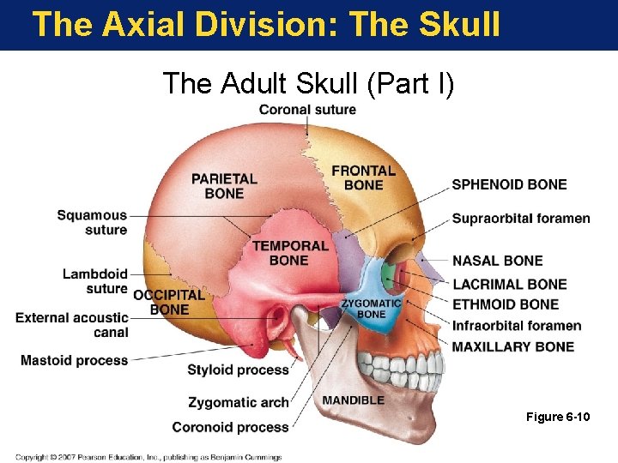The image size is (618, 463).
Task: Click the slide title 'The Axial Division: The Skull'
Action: click(266, 24)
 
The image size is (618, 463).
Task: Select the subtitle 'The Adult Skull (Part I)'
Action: click(309, 83)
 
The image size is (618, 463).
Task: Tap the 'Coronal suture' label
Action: click(307, 109)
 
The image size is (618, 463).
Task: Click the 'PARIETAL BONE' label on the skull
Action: click(224, 185)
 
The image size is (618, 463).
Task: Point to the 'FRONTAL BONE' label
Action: click(363, 177)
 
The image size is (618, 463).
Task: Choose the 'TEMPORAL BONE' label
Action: click(290, 252)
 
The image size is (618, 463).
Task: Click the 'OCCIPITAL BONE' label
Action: click(169, 302)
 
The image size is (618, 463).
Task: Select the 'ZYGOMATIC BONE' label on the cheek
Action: click(371, 309)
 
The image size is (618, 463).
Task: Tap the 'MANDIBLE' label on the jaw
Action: click(354, 400)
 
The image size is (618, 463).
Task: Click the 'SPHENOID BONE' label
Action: click(509, 184)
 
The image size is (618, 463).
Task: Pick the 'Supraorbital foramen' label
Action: click(521, 218)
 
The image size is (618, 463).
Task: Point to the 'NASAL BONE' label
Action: click(498, 261)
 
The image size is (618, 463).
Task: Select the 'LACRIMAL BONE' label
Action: click(509, 284)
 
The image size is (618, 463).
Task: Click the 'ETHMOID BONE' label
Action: click(506, 304)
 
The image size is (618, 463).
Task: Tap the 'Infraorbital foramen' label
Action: click(517, 326)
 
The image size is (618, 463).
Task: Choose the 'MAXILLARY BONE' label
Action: click(513, 346)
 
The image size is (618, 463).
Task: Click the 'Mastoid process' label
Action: click(74, 360)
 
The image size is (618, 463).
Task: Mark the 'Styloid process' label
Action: click(238, 370)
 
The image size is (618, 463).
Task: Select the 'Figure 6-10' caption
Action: click(558, 417)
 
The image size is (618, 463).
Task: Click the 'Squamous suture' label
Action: click(92, 222)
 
